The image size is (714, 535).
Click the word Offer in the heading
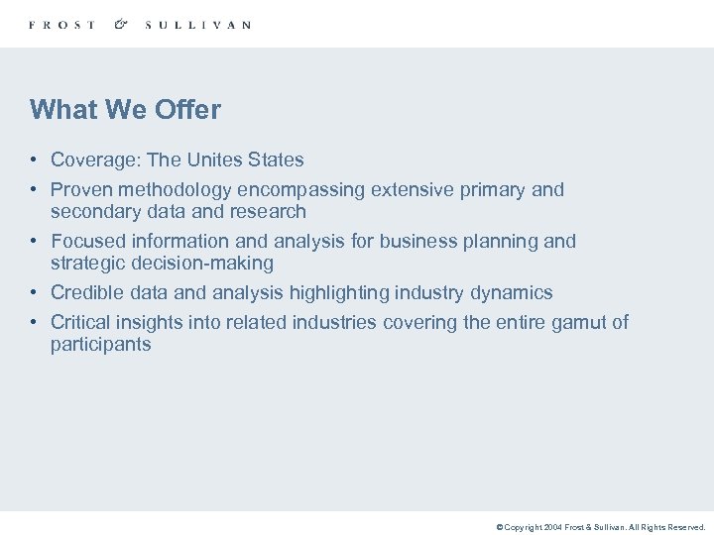187,109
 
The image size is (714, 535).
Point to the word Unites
218,160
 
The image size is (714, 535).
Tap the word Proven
79,189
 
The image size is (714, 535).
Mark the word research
270,211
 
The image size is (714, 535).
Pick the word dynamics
512,292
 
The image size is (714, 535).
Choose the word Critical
81,322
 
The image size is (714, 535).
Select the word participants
101,344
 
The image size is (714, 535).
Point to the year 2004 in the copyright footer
553,528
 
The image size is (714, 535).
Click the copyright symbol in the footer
500,528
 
